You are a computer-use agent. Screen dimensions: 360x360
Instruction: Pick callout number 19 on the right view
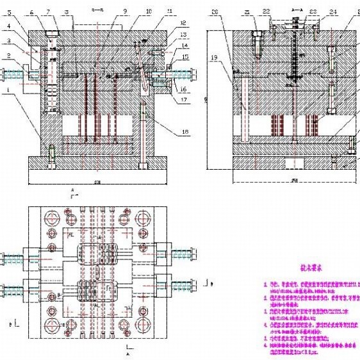[x=214, y=57]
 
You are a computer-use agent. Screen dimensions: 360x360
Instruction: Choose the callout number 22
[x=266, y=12]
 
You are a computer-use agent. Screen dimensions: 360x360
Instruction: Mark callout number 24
[x=332, y=12]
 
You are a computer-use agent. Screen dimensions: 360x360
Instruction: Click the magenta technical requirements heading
[x=310, y=271]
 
